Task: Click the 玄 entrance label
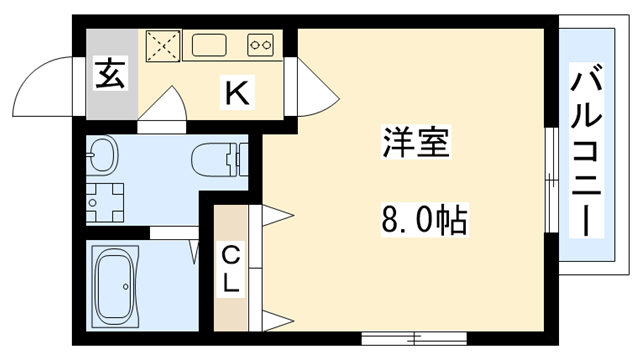coord(110,74)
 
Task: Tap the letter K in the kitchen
coord(236,93)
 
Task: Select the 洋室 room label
coord(416,142)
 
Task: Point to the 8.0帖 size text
coord(425,218)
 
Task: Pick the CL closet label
coord(231,268)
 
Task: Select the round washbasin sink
coord(102,155)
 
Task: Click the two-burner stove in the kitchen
coord(261,44)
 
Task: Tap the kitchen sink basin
coord(212,44)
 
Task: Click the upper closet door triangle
coord(276,214)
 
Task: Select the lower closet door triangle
coord(276,321)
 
